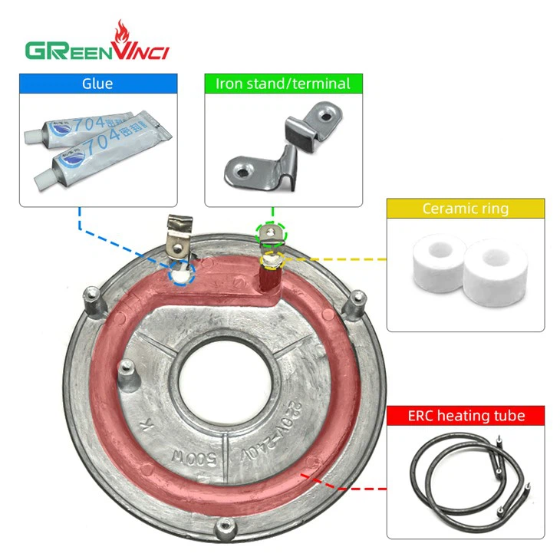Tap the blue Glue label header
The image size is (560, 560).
click(98, 84)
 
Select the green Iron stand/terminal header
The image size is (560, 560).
click(282, 84)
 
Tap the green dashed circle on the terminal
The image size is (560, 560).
click(269, 232)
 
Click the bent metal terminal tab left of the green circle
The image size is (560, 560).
click(177, 234)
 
